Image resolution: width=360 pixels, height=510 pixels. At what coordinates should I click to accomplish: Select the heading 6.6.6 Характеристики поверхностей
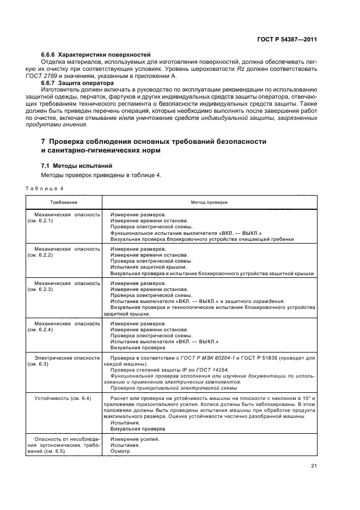[x=95, y=55]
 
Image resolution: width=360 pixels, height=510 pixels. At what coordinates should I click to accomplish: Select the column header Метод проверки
[x=209, y=202]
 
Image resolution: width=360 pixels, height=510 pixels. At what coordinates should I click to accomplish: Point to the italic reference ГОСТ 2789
[x=56, y=76]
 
